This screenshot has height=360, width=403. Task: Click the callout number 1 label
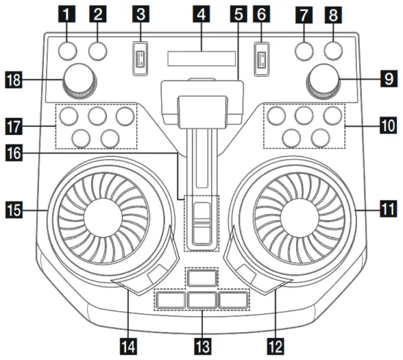pos(68,12)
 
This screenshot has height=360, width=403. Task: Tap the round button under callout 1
pos(68,51)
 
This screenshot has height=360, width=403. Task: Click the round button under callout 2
pos(97,51)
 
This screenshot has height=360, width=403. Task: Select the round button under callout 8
pos(333,51)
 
